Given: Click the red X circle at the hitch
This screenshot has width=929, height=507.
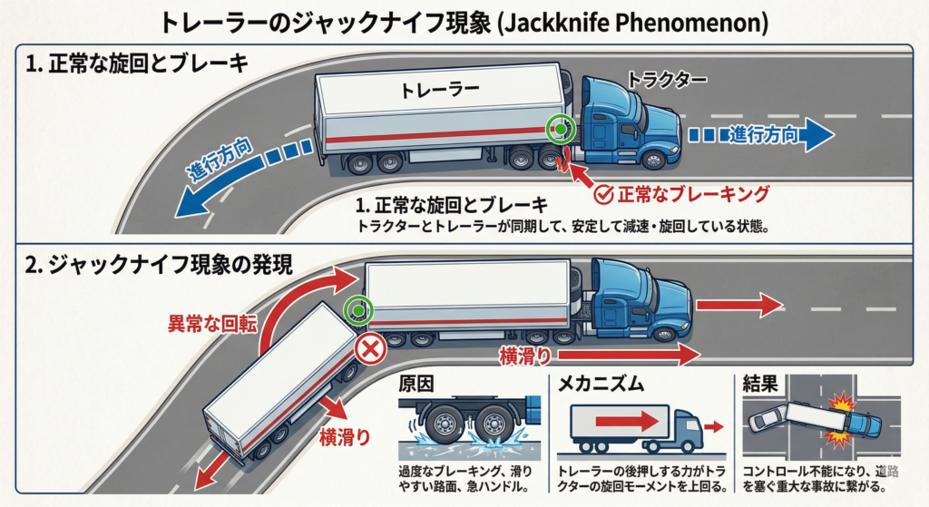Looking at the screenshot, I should click(369, 348).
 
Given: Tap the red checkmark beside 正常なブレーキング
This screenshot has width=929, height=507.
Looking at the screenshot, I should click(601, 193).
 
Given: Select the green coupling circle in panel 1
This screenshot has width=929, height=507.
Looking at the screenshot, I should click(561, 131).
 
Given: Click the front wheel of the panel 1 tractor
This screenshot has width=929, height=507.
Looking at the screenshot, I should click(651, 160).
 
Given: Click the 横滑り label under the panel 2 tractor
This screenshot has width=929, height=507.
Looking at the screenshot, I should click(524, 356).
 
